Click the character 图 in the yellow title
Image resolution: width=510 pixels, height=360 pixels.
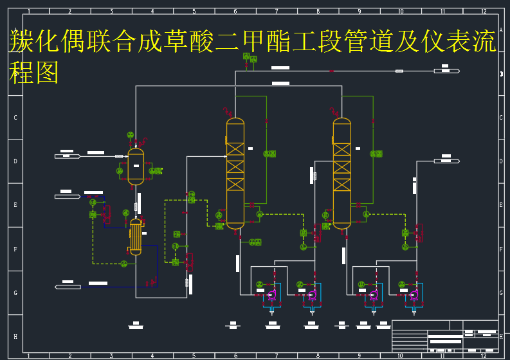[46, 73]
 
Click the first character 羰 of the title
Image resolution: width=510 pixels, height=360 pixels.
[21, 42]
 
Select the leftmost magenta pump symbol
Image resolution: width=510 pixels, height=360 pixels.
[271, 296]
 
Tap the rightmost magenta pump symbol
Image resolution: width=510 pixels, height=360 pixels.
[414, 296]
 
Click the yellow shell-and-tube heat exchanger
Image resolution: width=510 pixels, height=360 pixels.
[136, 237]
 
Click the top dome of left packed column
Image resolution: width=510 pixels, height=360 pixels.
[235, 122]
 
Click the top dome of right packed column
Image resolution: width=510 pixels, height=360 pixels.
[342, 122]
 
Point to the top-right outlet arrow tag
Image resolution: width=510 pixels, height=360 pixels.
[446, 71]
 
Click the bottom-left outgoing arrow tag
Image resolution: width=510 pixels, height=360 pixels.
[68, 287]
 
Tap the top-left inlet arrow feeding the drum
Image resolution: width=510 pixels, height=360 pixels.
[68, 156]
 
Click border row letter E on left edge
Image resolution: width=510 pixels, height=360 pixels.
[15, 205]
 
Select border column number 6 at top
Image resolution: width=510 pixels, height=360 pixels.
[235, 12]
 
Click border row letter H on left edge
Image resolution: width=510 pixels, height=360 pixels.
[15, 336]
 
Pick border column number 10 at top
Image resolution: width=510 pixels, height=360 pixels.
[401, 12]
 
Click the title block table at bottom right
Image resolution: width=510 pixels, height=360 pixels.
[445, 335]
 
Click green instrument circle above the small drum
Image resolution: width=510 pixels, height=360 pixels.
[130, 135]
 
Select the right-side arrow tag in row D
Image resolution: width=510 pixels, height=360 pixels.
[446, 161]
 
